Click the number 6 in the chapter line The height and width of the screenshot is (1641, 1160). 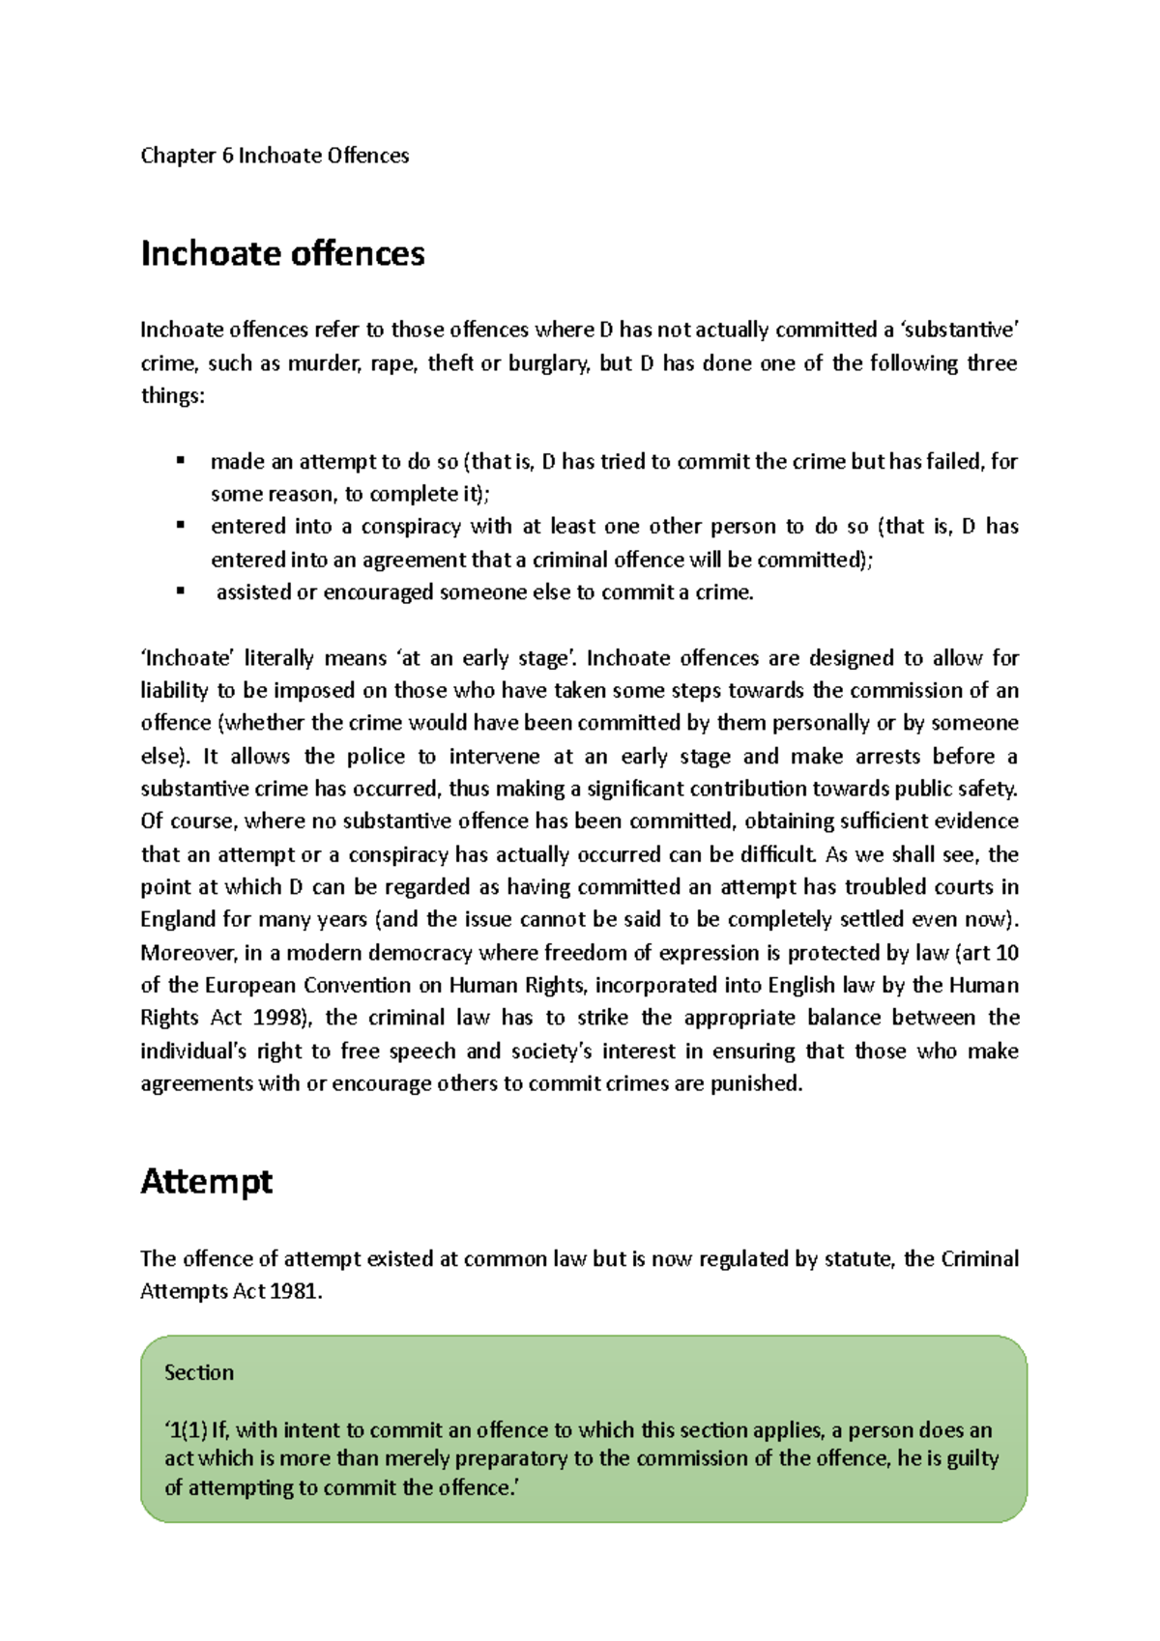pos(227,156)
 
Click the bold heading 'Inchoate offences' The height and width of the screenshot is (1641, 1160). pos(282,253)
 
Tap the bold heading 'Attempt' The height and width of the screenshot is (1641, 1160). pos(206,1181)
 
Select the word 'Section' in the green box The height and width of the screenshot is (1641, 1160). pos(199,1372)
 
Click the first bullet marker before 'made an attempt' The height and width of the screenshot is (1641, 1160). pos(180,461)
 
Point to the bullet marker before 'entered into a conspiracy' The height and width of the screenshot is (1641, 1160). pos(180,526)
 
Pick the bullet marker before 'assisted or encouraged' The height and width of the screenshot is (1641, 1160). pos(180,591)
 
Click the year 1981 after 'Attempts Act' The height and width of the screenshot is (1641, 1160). pos(293,1291)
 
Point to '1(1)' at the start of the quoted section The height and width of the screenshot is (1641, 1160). pos(186,1430)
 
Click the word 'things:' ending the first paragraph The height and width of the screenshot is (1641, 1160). pos(173,396)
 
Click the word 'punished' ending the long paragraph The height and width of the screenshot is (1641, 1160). pos(755,1083)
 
